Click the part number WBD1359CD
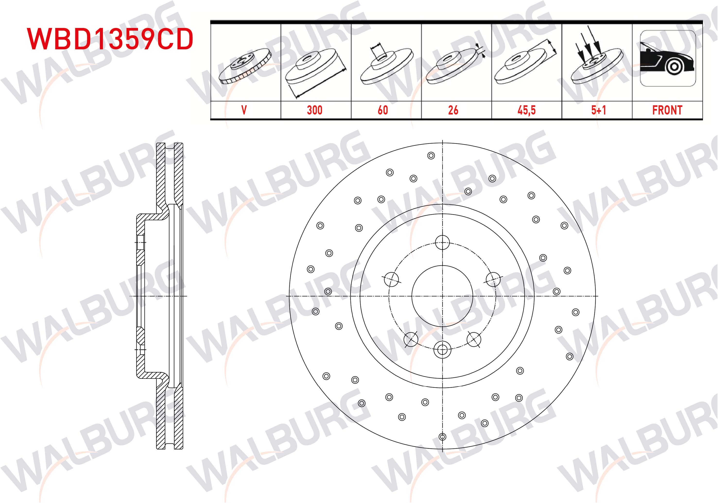click(x=110, y=39)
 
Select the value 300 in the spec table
click(x=315, y=110)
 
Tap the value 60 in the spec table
click(x=383, y=110)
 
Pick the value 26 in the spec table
click(x=453, y=110)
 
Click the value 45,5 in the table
click(x=527, y=110)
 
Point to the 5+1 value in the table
click(x=598, y=110)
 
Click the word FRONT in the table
click(x=667, y=110)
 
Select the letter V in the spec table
click(x=244, y=110)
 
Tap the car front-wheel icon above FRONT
click(x=668, y=58)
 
